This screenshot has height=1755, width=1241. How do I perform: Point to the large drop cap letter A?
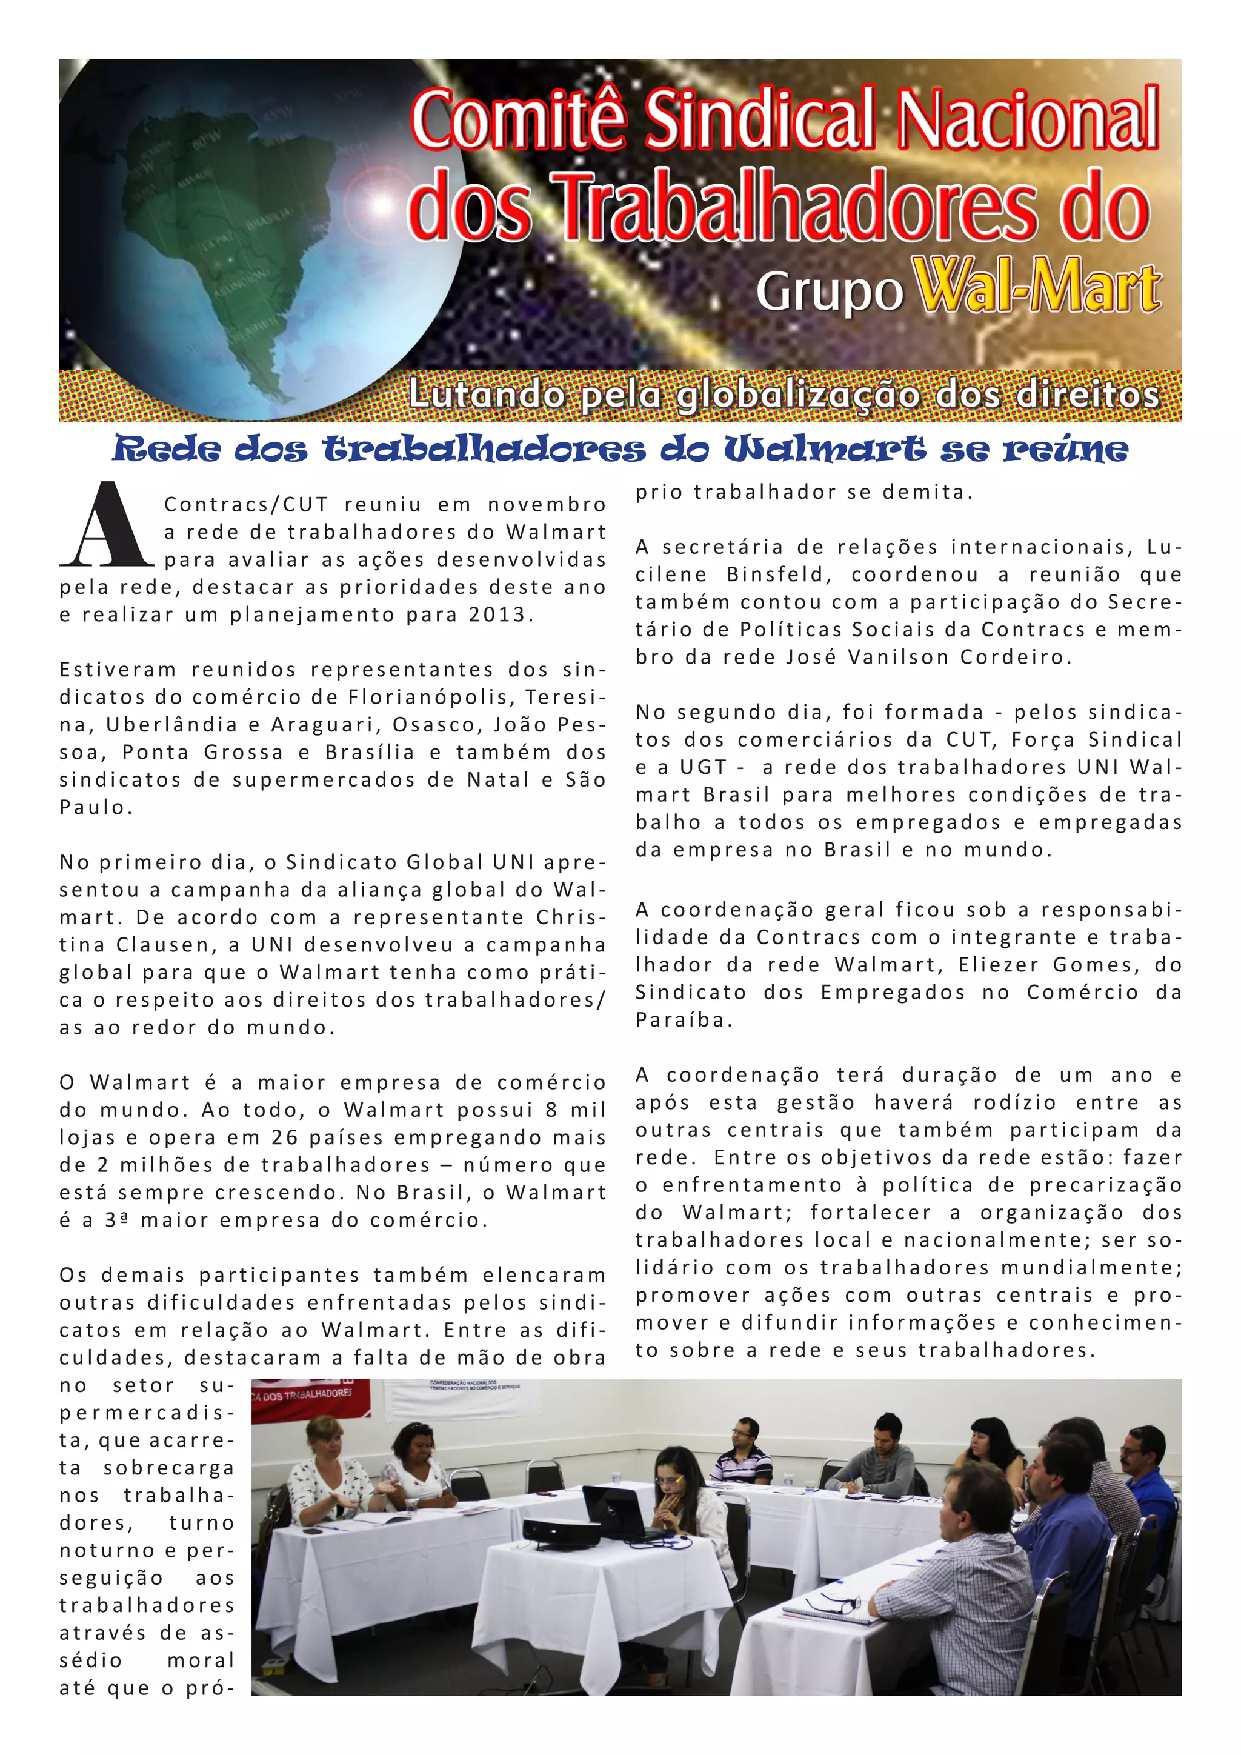tap(105, 526)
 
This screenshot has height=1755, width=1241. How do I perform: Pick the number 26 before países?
tap(284, 1137)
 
